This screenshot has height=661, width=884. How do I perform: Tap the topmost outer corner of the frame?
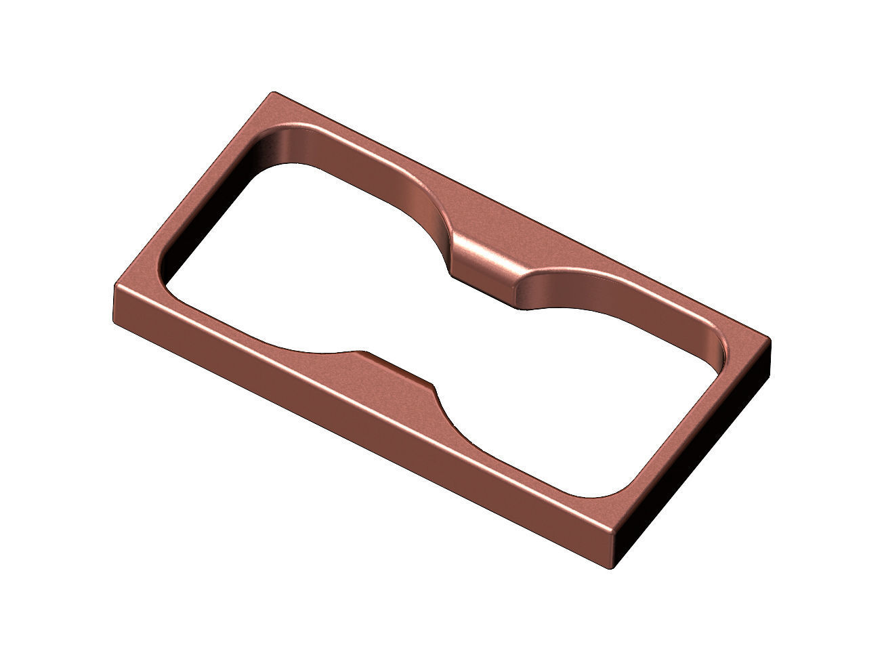[x=274, y=93]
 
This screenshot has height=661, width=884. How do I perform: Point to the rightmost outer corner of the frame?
[x=771, y=341]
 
